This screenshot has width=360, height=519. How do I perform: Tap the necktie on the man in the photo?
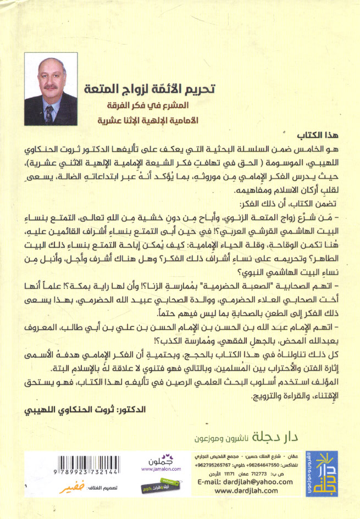point(49,114)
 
